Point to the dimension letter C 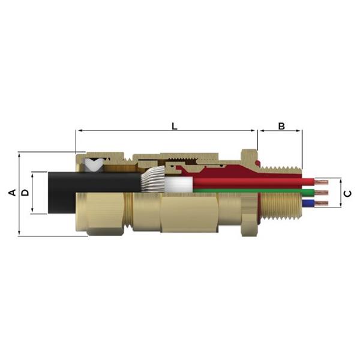tap(349, 193)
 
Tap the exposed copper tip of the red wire tap(321, 181)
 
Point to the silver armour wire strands tap(154, 181)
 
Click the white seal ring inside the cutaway tap(94, 163)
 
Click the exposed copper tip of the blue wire tap(321, 205)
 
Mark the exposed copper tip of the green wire tap(321, 193)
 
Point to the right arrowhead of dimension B tap(302, 131)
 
